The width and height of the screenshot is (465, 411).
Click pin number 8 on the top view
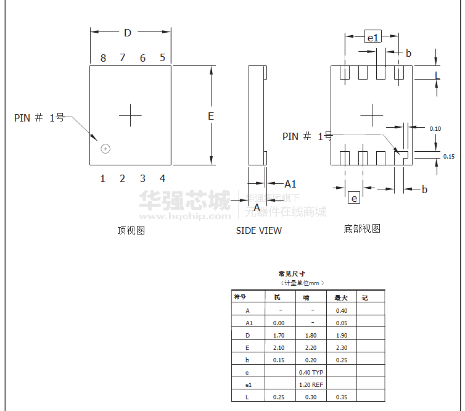(x=103, y=58)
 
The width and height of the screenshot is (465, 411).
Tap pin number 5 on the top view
(x=163, y=57)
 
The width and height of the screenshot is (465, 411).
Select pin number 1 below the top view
(x=103, y=179)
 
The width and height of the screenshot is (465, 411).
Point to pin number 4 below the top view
(x=163, y=179)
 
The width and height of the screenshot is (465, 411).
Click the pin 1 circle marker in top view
(x=105, y=149)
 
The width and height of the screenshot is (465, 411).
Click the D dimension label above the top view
(x=128, y=33)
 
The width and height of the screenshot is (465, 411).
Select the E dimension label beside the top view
(x=210, y=116)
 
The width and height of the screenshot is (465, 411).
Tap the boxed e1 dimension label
(x=373, y=38)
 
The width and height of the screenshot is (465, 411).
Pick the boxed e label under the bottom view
(x=354, y=198)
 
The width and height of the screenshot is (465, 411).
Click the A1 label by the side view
(x=290, y=184)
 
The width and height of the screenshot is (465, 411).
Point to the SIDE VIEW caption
(x=259, y=231)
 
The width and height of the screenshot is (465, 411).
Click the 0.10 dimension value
(x=435, y=129)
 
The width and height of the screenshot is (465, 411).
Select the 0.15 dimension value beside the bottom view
(x=449, y=157)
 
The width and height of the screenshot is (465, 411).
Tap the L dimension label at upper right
(x=437, y=75)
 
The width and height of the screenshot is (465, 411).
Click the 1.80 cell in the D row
(x=311, y=336)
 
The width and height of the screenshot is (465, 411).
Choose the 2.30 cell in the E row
(x=342, y=348)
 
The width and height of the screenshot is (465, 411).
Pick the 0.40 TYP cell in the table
(x=311, y=373)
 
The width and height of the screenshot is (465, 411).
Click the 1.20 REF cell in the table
(x=311, y=385)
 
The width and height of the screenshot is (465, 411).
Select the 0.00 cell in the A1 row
(x=279, y=323)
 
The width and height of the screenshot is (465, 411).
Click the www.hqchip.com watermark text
(x=185, y=217)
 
